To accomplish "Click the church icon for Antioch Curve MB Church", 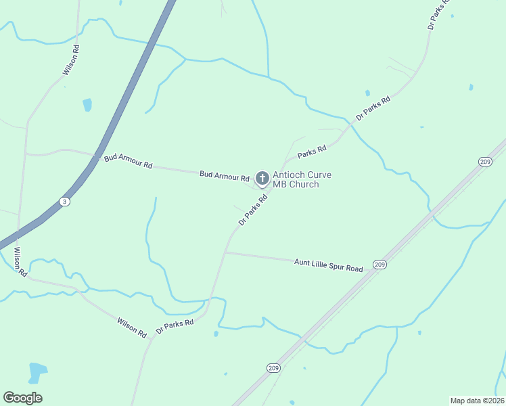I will coord(262,179).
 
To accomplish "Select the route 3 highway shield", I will coord(64,202).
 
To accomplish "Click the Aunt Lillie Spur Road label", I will coord(329,265).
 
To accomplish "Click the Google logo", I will coord(23,397).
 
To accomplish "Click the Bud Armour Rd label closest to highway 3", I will coord(129,162).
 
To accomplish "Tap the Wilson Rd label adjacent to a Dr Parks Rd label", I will coord(132,328).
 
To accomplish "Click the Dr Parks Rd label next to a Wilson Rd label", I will coord(175,326).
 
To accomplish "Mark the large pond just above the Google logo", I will coord(38,371).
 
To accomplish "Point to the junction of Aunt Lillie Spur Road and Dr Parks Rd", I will coord(225,252).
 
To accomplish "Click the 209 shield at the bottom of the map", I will coord(273,368).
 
